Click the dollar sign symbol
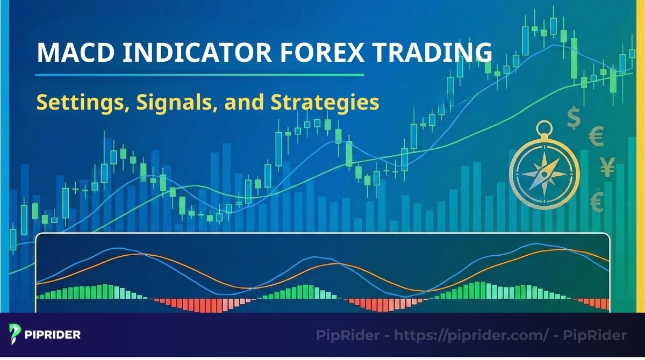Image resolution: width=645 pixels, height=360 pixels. tap(574, 117)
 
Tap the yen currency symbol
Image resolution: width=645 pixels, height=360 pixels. tap(607, 169)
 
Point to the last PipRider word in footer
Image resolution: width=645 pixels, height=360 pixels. tap(601, 336)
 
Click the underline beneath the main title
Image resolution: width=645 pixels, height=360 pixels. tap(199, 75)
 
